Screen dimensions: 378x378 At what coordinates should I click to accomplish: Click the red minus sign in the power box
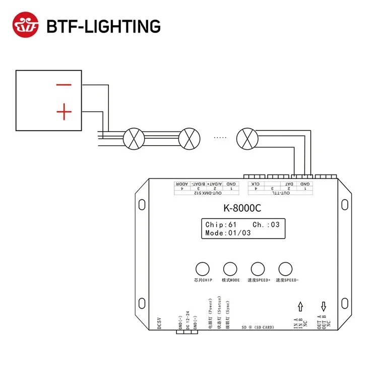(64, 85)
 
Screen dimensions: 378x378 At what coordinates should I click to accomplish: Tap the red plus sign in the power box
(64, 112)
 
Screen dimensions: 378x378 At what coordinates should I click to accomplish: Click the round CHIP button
(203, 268)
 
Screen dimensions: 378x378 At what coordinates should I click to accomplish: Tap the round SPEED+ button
(258, 268)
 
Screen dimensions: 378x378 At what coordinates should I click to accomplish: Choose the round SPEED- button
(285, 268)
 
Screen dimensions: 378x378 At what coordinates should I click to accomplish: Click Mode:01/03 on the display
(228, 233)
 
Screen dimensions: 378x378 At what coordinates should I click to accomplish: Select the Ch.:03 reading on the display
(266, 225)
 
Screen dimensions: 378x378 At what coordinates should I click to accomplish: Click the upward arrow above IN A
(301, 305)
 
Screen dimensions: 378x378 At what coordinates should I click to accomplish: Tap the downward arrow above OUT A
(324, 305)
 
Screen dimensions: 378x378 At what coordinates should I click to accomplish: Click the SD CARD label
(258, 328)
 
